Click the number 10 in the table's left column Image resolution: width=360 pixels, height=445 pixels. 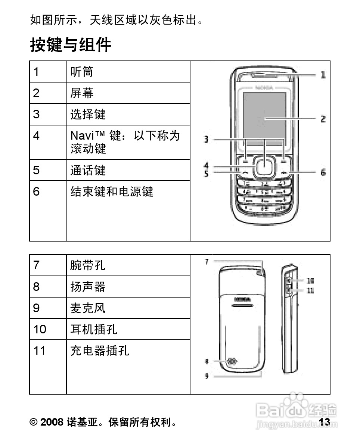click(40, 329)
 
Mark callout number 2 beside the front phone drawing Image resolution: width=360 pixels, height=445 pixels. click(323, 119)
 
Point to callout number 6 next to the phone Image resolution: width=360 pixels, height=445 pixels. click(323, 172)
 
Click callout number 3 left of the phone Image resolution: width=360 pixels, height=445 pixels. click(206, 140)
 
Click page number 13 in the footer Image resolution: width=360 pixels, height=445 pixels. click(325, 422)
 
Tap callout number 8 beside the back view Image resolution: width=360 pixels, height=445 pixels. click(206, 361)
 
